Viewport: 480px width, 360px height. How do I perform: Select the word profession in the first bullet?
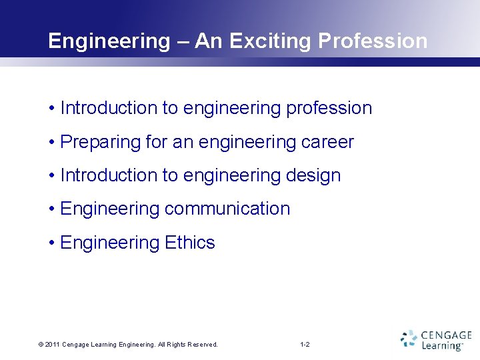pos(329,108)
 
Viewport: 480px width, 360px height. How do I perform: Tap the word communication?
pos(227,209)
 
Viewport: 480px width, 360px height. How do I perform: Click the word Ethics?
pos(190,243)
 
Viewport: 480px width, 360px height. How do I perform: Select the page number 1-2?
pos(305,345)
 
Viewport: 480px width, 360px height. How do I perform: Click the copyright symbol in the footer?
pos(41,345)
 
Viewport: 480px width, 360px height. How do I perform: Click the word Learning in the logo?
pos(441,345)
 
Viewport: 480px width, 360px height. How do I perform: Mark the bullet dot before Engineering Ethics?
pos(51,243)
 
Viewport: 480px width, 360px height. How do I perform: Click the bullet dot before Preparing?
pos(51,142)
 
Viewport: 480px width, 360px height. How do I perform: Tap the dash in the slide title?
pos(183,41)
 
